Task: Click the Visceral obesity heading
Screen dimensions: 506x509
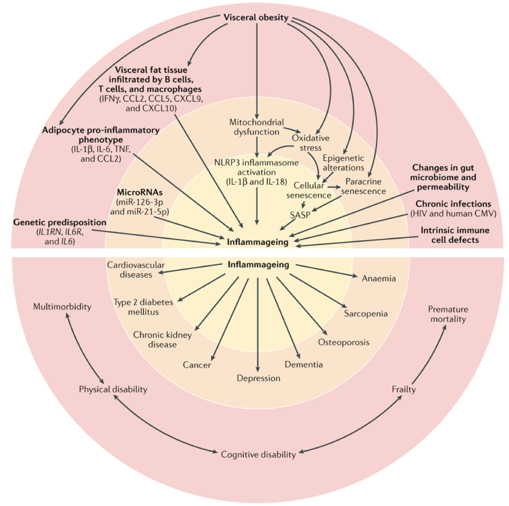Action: pos(256,18)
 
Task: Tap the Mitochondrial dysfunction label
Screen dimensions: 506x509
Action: pos(257,127)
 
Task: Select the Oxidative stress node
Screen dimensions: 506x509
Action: pos(310,143)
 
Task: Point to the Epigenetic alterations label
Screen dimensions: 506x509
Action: pos(343,163)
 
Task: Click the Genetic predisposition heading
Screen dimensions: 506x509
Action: pos(60,222)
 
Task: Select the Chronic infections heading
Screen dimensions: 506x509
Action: pos(453,203)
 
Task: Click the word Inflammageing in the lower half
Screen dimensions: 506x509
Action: pos(259,264)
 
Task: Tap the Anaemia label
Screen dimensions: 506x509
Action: pos(379,278)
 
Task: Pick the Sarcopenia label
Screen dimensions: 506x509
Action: pos(366,313)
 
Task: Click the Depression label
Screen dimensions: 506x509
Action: pos(259,378)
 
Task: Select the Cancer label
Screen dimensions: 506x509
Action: pos(197,365)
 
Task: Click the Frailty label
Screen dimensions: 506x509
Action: pos(404,389)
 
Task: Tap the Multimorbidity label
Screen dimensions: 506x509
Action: pos(62,306)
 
